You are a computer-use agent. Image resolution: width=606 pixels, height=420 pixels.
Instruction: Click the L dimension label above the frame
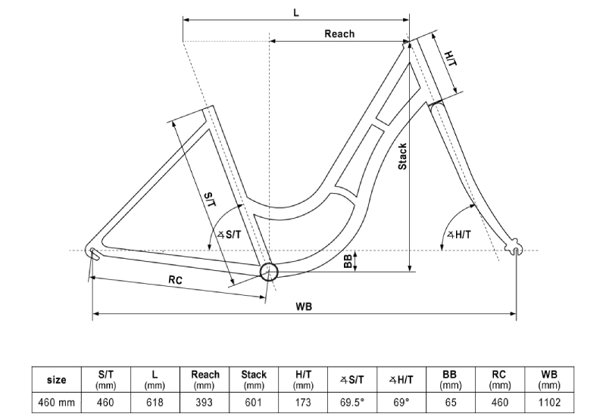click(296, 12)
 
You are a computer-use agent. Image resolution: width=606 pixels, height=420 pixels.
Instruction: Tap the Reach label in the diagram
click(339, 34)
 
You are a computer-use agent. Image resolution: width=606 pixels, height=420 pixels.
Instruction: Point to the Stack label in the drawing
click(402, 157)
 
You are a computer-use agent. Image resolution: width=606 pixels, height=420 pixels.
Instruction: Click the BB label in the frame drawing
click(348, 261)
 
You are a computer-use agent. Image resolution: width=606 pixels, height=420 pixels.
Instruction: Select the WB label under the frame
click(304, 306)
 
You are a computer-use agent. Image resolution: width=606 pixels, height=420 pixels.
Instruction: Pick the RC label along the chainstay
click(175, 279)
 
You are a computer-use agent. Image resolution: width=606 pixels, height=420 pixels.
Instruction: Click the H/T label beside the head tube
click(451, 58)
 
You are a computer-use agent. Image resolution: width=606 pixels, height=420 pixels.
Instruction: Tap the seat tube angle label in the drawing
click(229, 235)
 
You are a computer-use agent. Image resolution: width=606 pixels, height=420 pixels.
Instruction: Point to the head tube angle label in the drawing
click(459, 235)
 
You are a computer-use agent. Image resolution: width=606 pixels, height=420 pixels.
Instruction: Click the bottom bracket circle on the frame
click(269, 272)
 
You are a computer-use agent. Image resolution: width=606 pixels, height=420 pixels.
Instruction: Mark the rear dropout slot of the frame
click(95, 254)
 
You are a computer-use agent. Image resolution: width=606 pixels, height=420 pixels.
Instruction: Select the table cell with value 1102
click(549, 403)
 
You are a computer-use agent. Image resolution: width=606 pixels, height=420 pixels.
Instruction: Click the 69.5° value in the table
click(352, 403)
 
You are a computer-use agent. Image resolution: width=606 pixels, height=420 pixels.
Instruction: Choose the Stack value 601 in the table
click(254, 403)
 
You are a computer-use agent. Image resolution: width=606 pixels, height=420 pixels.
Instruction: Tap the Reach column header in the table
click(205, 380)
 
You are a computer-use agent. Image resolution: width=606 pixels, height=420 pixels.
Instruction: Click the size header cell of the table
click(56, 380)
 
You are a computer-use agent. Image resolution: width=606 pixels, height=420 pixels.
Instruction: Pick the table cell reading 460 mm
click(56, 403)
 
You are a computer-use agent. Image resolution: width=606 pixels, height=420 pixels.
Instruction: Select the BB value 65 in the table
click(451, 403)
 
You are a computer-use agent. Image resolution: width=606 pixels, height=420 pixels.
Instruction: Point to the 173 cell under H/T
click(303, 403)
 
